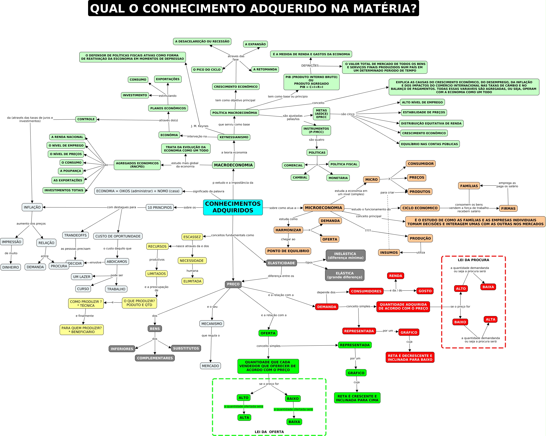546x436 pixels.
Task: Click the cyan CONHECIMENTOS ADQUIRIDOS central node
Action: [233, 207]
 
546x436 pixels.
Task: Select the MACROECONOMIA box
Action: [233, 165]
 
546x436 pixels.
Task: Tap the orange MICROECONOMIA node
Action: [323, 208]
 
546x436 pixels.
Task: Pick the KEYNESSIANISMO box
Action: [234, 137]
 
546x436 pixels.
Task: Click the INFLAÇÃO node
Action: [32, 207]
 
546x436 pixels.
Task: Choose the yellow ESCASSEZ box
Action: [192, 237]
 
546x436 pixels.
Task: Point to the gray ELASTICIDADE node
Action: [281, 263]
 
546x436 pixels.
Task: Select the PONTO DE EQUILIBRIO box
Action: [288, 251]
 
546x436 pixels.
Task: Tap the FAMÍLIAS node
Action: [469, 186]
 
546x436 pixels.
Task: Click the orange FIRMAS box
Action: [508, 208]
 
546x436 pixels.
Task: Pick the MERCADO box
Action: [210, 366]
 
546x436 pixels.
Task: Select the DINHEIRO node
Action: [11, 267]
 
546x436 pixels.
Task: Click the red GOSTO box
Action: [425, 291]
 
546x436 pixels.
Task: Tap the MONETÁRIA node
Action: [338, 178]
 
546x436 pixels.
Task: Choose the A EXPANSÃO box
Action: [255, 44]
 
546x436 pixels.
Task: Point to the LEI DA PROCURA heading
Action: [473, 260]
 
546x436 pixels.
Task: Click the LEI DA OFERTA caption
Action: [269, 432]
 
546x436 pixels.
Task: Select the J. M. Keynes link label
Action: [200, 126]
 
